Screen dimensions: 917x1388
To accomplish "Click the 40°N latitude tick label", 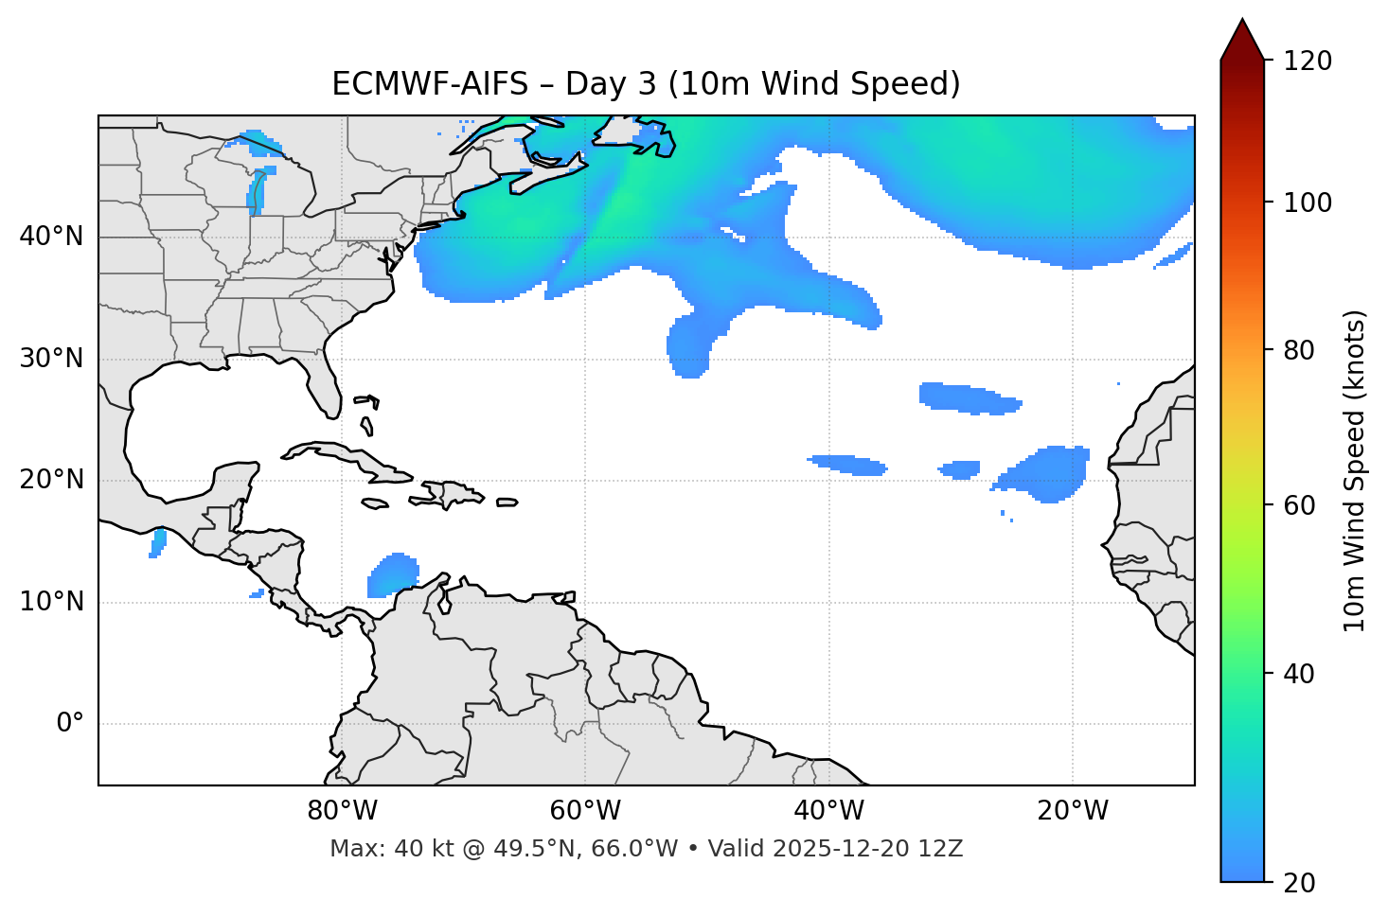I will pyautogui.click(x=51, y=237).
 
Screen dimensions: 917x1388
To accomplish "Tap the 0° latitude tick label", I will pyautogui.click(x=69, y=724).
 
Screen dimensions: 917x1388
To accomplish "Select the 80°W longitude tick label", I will pyautogui.click(x=342, y=811).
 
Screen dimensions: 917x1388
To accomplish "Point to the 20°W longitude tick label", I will pyautogui.click(x=1073, y=811).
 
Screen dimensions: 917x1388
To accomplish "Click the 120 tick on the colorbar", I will pyautogui.click(x=1308, y=62).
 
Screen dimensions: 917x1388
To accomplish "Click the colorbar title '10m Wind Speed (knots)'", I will pyautogui.click(x=1355, y=470).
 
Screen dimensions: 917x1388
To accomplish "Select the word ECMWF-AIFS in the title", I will pyautogui.click(x=430, y=84).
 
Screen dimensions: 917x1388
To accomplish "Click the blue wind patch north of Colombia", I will pyautogui.click(x=393, y=574).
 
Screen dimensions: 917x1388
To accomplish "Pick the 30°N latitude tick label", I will pyautogui.click(x=51, y=359).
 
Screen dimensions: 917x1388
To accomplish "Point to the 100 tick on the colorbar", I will pyautogui.click(x=1308, y=203).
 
